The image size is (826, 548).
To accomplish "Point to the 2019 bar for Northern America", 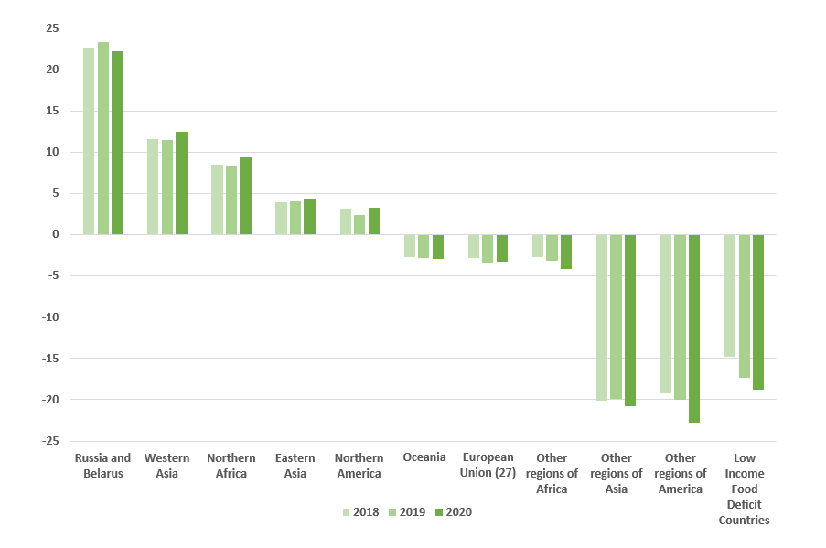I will [359, 225].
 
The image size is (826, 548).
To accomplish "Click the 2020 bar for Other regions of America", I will [694, 328].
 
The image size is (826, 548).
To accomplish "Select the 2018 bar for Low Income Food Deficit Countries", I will [730, 295].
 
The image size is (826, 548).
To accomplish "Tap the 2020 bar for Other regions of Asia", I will [630, 320].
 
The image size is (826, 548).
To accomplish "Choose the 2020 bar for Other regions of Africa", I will [566, 252].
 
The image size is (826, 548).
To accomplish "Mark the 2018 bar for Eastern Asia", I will [281, 219].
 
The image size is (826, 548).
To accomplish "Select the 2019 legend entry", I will [406, 512].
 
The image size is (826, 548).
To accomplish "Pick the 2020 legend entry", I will [453, 512].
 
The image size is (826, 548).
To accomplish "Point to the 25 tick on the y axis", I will [52, 28].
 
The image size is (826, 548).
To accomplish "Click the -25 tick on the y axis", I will [50, 441].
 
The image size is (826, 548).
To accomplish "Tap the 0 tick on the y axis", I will [56, 234].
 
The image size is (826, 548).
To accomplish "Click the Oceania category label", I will [424, 457].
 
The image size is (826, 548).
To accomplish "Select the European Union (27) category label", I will [488, 465].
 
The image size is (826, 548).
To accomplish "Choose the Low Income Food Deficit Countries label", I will [744, 489].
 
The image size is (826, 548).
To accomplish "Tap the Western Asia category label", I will [167, 465].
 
